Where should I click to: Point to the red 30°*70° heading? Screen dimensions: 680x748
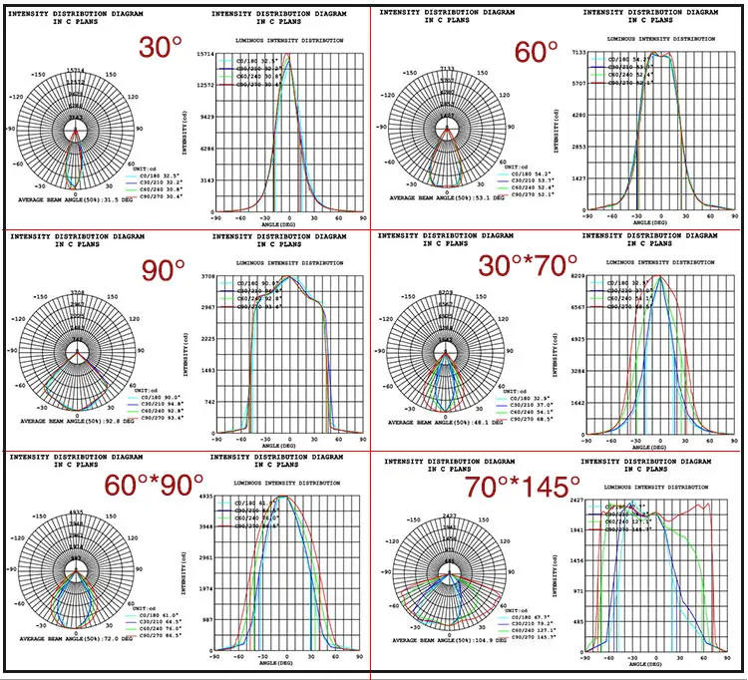tap(528, 267)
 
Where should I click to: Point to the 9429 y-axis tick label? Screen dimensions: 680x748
tap(206, 117)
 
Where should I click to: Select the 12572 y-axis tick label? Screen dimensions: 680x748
tap(204, 86)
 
